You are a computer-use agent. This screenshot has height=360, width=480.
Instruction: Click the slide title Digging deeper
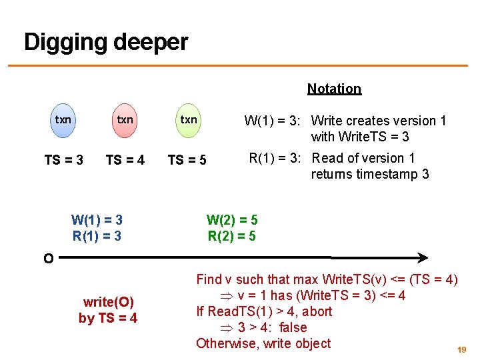coord(106,43)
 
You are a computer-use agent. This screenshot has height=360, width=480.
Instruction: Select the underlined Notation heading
coord(334,89)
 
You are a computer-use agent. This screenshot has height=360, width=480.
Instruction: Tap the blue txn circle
coord(63,120)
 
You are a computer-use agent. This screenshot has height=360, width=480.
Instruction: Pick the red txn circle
coord(125,120)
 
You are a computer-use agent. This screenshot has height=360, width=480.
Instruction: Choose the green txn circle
coord(189,120)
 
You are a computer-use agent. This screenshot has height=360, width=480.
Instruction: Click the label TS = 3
coord(63,160)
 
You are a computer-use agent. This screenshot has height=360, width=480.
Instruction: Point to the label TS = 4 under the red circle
coord(125,160)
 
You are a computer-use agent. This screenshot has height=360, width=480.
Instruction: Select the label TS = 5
coord(187,160)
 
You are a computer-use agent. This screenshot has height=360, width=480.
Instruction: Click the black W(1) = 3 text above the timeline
coord(97,220)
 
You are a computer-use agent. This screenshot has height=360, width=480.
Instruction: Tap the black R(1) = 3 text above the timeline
coord(97,235)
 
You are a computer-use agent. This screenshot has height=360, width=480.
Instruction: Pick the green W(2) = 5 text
coord(232,220)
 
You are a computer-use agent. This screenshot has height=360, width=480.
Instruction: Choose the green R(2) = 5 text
coord(232,235)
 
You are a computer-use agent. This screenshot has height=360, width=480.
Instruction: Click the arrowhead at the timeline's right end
coord(422,257)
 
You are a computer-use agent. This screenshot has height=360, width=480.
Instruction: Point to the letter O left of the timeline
coord(48,259)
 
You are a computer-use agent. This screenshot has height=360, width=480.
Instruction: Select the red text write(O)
coord(108,302)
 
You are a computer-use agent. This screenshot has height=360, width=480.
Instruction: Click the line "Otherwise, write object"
coord(263,343)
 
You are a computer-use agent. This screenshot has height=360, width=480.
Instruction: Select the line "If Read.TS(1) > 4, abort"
coord(264,311)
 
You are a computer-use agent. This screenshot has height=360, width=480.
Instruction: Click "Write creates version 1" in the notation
coord(379,121)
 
